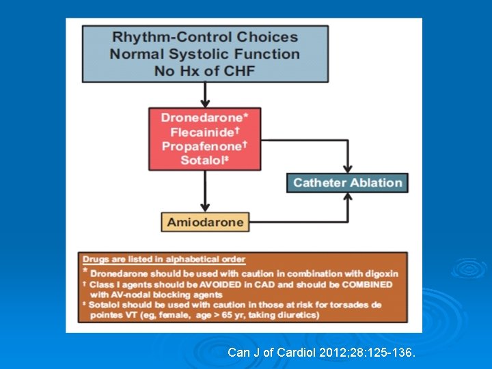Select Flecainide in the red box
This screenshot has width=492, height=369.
coord(203,132)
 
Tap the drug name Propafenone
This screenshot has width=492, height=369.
coord(201,146)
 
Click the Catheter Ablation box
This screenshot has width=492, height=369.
coord(347,182)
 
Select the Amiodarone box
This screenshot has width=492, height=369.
coord(204,222)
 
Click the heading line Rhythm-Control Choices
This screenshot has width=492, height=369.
coord(205,37)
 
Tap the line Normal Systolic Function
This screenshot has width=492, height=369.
coord(205,53)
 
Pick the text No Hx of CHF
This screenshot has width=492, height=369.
coord(205,70)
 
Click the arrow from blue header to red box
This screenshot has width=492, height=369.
coord(205,95)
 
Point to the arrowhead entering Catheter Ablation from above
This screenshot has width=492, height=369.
coord(348,168)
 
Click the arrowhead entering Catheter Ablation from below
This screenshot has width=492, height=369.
coord(348,197)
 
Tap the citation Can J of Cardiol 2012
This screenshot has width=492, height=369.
coord(320,353)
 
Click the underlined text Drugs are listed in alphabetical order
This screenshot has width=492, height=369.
coord(163,259)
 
